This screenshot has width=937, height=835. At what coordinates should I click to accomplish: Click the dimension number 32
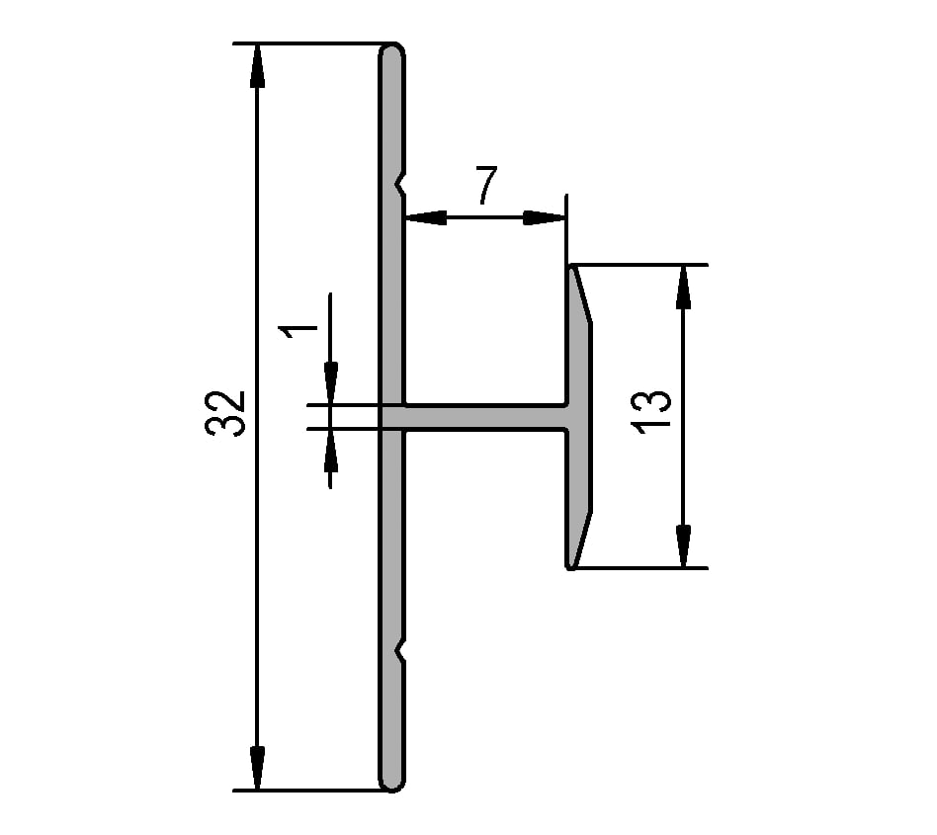point(226,413)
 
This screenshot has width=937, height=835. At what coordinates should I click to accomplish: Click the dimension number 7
point(485,186)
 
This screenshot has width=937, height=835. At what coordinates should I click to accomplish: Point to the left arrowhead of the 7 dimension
point(425,217)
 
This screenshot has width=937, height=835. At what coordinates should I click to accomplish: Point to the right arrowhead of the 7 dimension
point(543,217)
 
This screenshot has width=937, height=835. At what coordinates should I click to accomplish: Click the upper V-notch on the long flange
point(399,184)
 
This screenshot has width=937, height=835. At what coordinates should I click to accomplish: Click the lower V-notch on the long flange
point(399,651)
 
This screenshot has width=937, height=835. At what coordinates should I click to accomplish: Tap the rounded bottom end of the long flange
point(392,783)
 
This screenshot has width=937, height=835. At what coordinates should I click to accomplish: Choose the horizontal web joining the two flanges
point(484,417)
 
